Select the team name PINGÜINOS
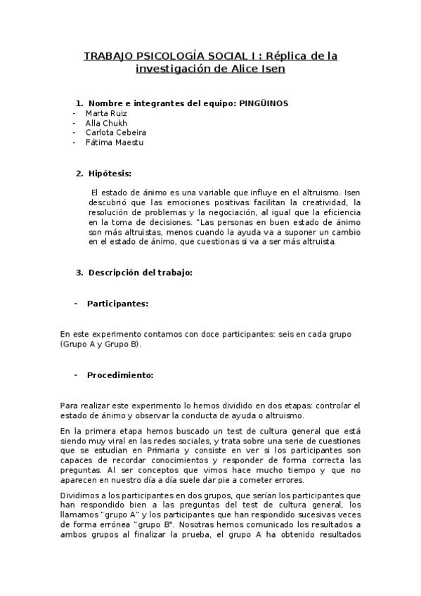[264, 103]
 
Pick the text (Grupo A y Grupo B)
[101, 344]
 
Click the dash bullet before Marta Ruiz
[75, 112]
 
